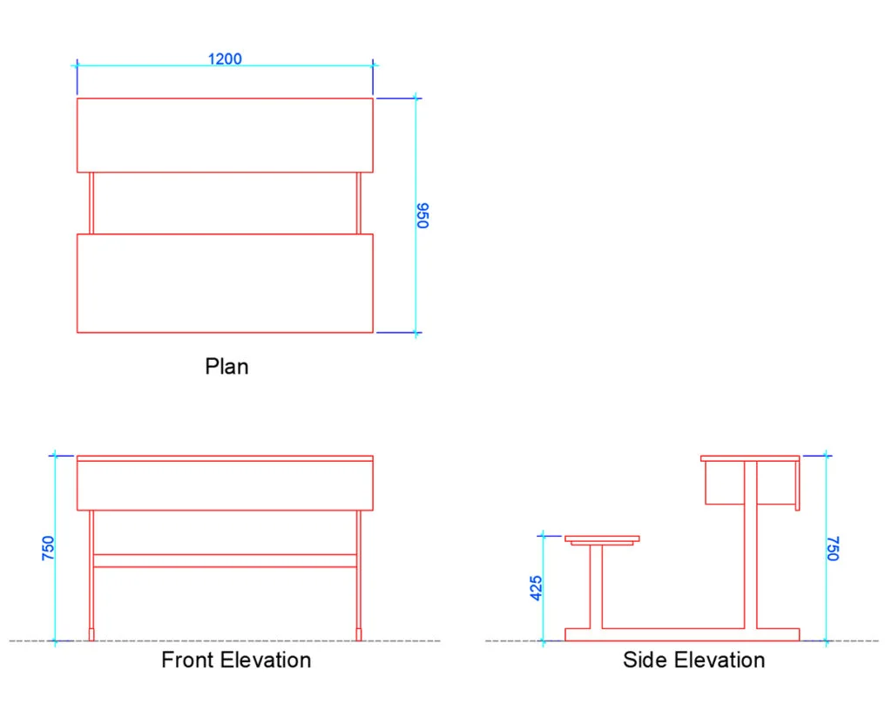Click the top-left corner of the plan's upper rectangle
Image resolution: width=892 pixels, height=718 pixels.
78,98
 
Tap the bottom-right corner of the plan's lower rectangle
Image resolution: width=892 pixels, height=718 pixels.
373,332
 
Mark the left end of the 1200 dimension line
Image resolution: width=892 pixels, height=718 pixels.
78,65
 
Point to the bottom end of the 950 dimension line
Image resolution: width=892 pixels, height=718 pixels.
416,332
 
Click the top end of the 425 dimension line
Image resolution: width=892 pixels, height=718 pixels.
544,536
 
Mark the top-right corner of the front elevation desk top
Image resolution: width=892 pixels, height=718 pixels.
373,456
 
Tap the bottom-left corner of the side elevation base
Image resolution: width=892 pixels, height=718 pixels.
564,640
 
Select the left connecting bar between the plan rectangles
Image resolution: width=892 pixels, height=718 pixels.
91,203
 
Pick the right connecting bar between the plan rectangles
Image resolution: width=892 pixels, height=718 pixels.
358,203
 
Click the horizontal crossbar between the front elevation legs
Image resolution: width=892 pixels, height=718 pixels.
225,561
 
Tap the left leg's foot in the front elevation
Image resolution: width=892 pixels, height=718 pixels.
91,634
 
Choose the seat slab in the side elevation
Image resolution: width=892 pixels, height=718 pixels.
602,538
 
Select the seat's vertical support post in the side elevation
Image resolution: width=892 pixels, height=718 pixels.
596,586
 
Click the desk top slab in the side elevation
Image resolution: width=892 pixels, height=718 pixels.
750,458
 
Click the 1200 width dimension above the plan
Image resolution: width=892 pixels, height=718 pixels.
225,58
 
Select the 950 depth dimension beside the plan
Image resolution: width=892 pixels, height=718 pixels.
422,215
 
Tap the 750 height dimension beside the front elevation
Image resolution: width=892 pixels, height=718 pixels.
48,548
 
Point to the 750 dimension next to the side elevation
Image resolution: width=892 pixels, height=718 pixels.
833,548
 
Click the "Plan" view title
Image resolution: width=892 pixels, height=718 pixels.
226,366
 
